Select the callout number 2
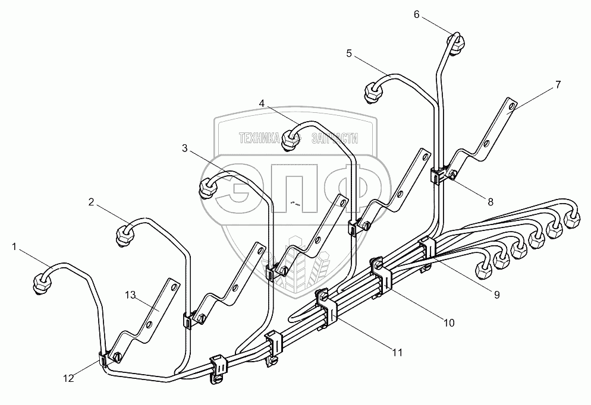92,202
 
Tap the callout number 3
185,148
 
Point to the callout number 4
262,103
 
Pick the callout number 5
349,53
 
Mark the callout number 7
558,84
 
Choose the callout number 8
491,202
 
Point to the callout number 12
70,378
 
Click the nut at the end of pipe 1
41,281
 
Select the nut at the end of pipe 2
125,233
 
